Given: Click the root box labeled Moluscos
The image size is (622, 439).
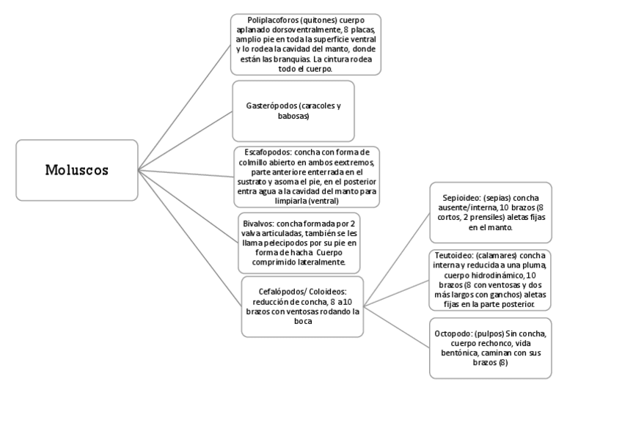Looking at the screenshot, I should point(76,170).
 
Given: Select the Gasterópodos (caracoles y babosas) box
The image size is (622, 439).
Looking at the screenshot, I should point(293,111).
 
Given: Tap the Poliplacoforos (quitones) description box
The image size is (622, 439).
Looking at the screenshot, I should point(305,43).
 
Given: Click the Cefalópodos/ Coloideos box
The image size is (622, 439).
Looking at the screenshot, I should point(303,306).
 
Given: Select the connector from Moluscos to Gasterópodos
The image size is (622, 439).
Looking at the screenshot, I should point(186,140).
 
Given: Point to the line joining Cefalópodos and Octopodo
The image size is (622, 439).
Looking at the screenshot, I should point(396,327).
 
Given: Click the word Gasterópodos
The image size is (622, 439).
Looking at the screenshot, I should point(270,106).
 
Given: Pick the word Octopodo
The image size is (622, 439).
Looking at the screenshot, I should point(454,333).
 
